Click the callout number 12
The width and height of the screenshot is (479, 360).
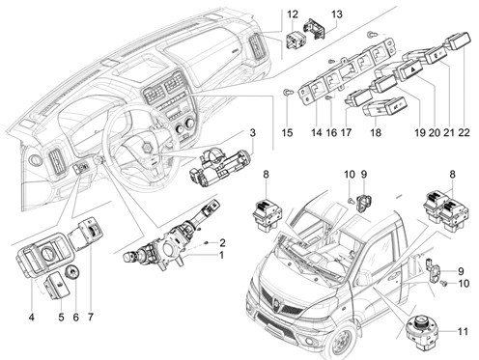pos(293,14)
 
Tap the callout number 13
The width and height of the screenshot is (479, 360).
pos(337,14)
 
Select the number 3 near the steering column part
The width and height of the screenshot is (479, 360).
pos(253,132)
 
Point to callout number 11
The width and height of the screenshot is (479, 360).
pos(463,331)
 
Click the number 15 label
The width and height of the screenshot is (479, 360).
pos(287,132)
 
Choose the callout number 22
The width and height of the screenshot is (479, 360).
pos(464,132)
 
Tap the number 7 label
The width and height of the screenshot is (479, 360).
pos(91,318)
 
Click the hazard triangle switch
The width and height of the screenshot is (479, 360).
pos(409,70)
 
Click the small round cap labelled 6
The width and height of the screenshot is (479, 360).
pos(72,272)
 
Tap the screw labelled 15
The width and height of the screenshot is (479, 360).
pos(287,93)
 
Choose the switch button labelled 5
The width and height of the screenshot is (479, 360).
pos(57,285)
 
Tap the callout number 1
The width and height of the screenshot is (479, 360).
pos(221,255)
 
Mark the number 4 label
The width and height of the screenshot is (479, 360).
pos(31,318)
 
